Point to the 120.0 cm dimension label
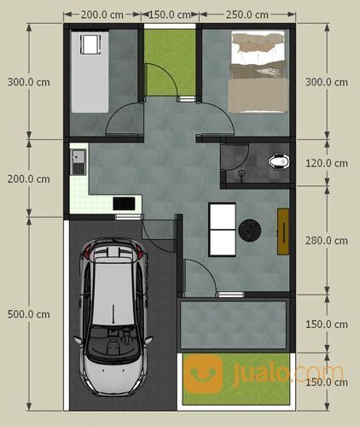point(327,161)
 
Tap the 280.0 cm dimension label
point(327,242)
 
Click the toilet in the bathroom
point(276,160)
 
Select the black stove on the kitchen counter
point(125,203)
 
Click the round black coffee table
point(251,229)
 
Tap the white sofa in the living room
point(222,229)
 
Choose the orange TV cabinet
point(282,230)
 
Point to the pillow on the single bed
point(88,44)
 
